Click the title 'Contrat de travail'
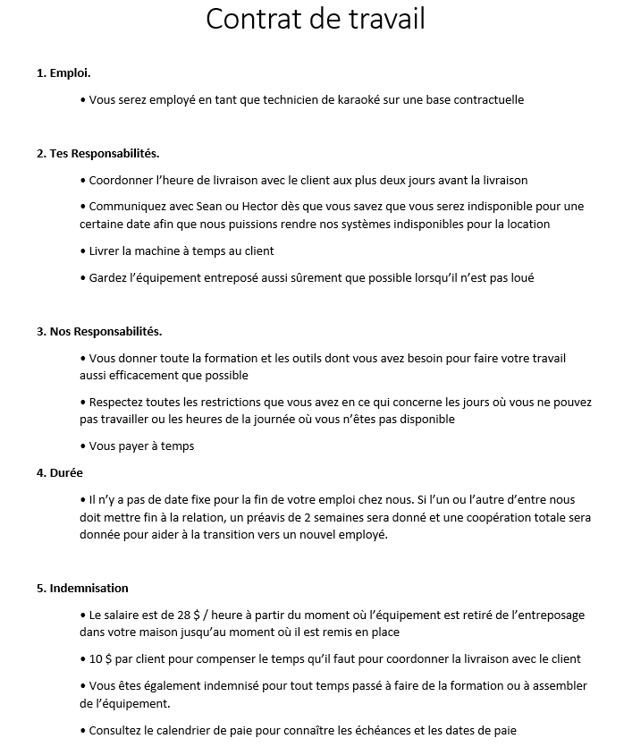tap(315, 19)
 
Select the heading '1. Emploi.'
tap(63, 72)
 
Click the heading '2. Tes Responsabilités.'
tap(98, 153)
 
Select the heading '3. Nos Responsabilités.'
tap(99, 331)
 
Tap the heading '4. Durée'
tap(60, 472)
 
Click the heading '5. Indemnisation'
tap(82, 588)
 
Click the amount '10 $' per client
tap(100, 658)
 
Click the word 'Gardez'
tap(107, 278)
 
